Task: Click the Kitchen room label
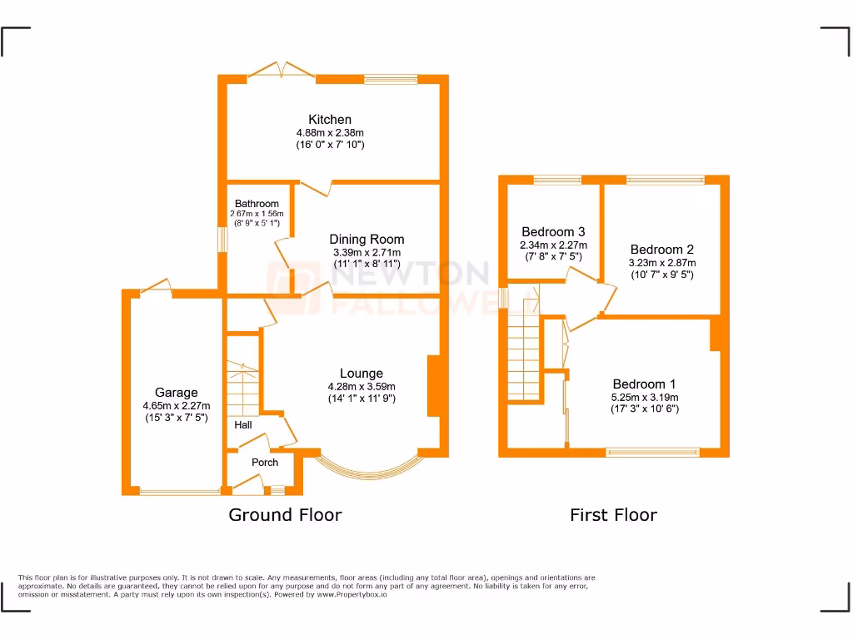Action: [330, 120]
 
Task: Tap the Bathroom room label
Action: [257, 204]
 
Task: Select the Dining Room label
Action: [367, 240]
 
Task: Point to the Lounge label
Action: [362, 374]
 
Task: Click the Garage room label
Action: [176, 393]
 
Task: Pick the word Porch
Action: [265, 463]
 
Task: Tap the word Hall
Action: [243, 425]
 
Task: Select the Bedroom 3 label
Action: [553, 232]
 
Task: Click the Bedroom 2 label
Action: [661, 250]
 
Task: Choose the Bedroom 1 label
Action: [644, 384]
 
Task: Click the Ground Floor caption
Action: [285, 515]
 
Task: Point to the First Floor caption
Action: [613, 515]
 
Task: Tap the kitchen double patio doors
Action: [282, 72]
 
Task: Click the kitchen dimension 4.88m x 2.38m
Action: [330, 133]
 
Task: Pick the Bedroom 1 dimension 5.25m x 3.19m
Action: [644, 398]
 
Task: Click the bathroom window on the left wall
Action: [222, 239]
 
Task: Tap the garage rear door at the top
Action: [157, 288]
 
